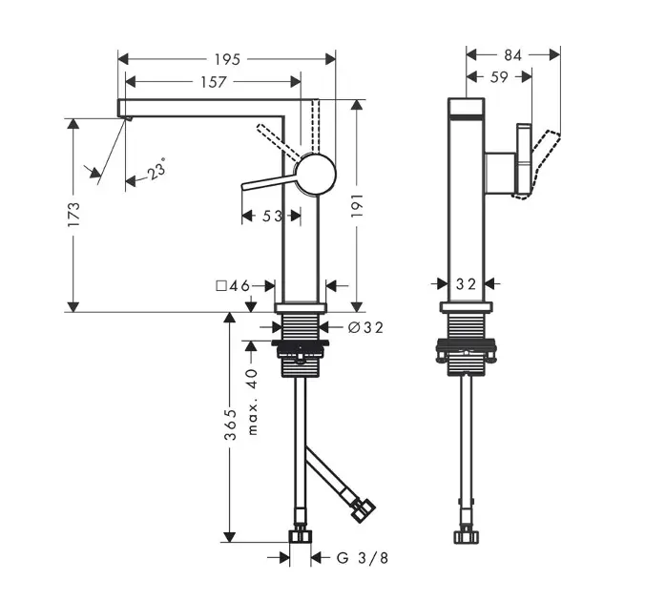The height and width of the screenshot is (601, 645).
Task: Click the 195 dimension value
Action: (227, 60)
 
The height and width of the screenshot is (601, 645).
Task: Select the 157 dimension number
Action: (213, 82)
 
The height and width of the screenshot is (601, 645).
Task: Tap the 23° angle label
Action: (157, 169)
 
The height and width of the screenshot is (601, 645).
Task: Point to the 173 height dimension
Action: (74, 214)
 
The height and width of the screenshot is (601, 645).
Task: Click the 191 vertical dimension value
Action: (357, 205)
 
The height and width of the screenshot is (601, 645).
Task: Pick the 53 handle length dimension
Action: (273, 216)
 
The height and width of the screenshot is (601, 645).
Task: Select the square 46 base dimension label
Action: (233, 285)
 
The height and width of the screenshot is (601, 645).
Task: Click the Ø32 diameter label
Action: (365, 327)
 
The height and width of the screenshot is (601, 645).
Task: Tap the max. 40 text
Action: (252, 402)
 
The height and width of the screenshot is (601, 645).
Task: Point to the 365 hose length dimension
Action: (231, 425)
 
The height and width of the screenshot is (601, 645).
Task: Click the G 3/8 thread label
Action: (363, 558)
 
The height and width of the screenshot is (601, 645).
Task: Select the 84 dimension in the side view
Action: (513, 55)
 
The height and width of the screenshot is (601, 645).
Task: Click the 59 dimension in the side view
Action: (499, 77)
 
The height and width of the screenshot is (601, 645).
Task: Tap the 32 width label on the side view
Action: (466, 284)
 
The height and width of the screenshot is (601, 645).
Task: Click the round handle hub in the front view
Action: (316, 175)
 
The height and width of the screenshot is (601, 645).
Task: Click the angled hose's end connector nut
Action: (364, 510)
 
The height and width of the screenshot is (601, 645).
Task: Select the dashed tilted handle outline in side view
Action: (537, 164)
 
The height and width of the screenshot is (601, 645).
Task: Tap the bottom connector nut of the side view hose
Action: (467, 537)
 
